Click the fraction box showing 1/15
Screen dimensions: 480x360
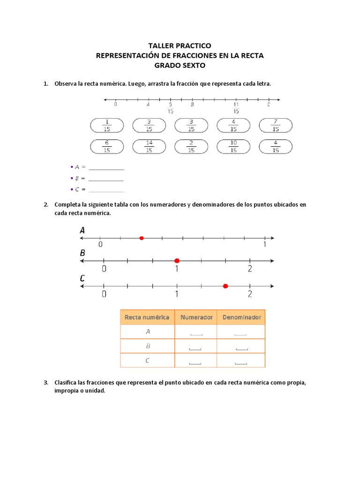(107, 125)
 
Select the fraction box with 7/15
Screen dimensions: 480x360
(276, 125)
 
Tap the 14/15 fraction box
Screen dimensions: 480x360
(149, 147)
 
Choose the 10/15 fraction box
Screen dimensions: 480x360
(233, 147)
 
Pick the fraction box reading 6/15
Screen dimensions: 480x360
(107, 147)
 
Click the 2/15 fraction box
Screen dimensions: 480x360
(191, 147)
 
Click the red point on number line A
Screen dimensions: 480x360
(142, 238)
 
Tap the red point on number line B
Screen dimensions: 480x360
(177, 261)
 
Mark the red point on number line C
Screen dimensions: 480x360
(225, 286)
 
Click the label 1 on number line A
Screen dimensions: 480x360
(265, 245)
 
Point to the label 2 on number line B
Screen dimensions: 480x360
(250, 269)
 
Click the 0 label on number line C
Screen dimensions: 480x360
(104, 294)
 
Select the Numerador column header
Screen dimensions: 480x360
(196, 317)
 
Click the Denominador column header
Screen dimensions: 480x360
(241, 317)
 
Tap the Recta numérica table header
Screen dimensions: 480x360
(147, 317)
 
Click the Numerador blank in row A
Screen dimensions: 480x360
(196, 333)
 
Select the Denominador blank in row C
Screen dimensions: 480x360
(241, 362)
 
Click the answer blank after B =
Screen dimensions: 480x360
(106, 179)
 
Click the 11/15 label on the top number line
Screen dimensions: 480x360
(236, 108)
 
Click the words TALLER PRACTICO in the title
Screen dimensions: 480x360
(180, 45)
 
